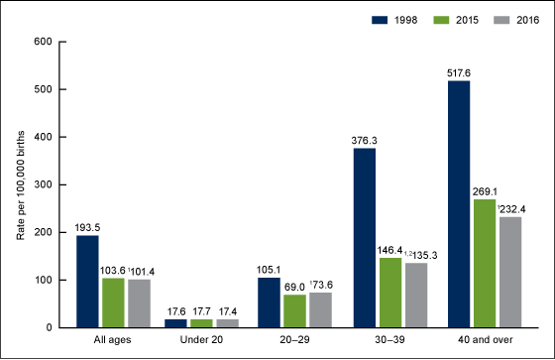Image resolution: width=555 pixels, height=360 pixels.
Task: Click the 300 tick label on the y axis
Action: pos(41,184)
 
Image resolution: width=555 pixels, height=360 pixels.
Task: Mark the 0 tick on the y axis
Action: pos(47,327)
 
